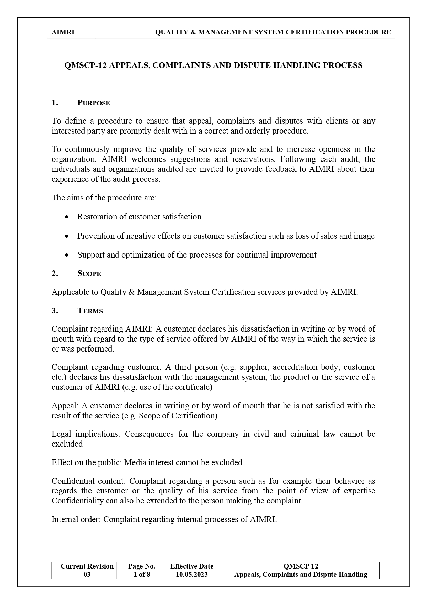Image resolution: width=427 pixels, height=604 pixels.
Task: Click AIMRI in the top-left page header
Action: pyautogui.click(x=63, y=32)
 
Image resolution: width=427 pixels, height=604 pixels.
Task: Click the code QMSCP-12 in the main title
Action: pyautogui.click(x=85, y=65)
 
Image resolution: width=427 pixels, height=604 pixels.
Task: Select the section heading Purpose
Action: pyautogui.click(x=94, y=103)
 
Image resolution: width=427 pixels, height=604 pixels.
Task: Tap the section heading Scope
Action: pyautogui.click(x=89, y=274)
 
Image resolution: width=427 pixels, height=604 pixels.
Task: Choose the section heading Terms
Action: pyautogui.click(x=90, y=311)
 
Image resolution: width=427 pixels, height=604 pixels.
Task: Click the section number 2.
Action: pyautogui.click(x=55, y=274)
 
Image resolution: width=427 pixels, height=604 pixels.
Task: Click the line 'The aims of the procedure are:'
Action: pyautogui.click(x=104, y=198)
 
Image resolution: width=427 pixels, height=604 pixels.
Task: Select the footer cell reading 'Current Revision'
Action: pyautogui.click(x=87, y=566)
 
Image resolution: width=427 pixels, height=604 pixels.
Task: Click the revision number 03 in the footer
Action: pyautogui.click(x=87, y=575)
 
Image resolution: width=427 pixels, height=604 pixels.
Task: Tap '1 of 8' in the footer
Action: pyautogui.click(x=142, y=575)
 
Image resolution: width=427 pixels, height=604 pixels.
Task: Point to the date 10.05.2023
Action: pyautogui.click(x=192, y=575)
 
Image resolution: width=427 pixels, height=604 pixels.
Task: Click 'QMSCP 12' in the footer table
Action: pyautogui.click(x=300, y=566)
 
